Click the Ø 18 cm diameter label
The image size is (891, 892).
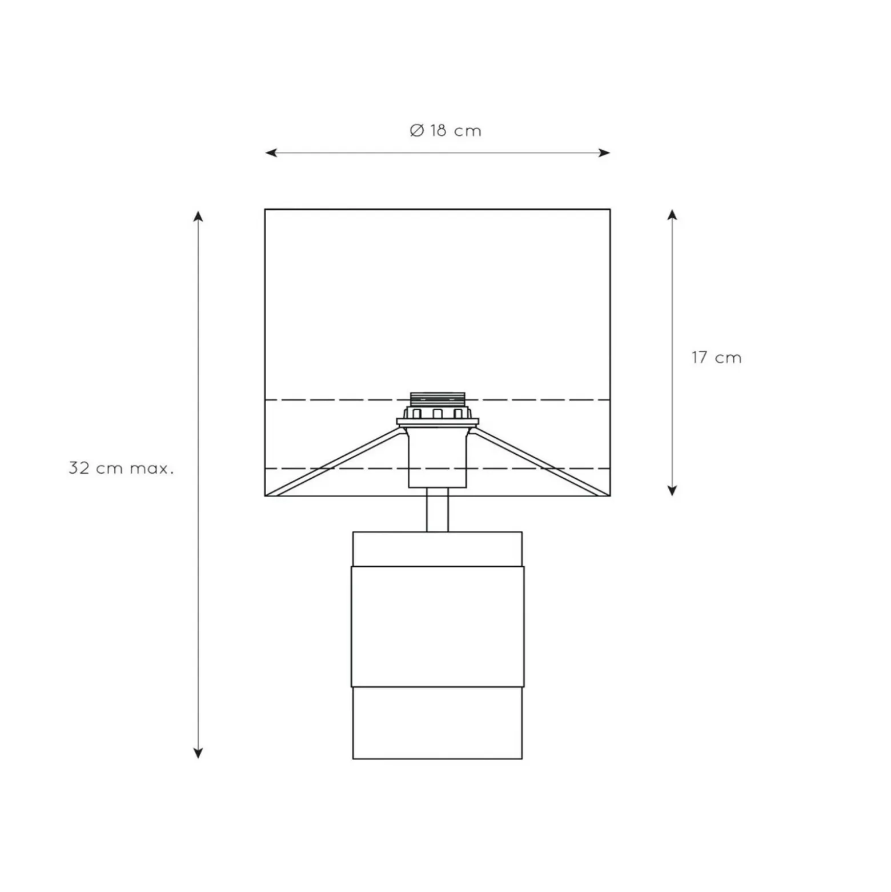445,131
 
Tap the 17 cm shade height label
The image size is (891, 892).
716,358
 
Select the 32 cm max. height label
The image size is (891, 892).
121,469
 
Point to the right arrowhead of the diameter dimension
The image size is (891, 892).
604,153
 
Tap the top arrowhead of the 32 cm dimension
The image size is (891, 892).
198,216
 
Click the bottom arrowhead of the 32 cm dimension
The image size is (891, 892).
198,753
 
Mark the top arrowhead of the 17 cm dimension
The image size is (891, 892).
672,215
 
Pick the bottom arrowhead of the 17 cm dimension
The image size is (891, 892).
672,490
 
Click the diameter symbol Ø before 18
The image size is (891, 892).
417,131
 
